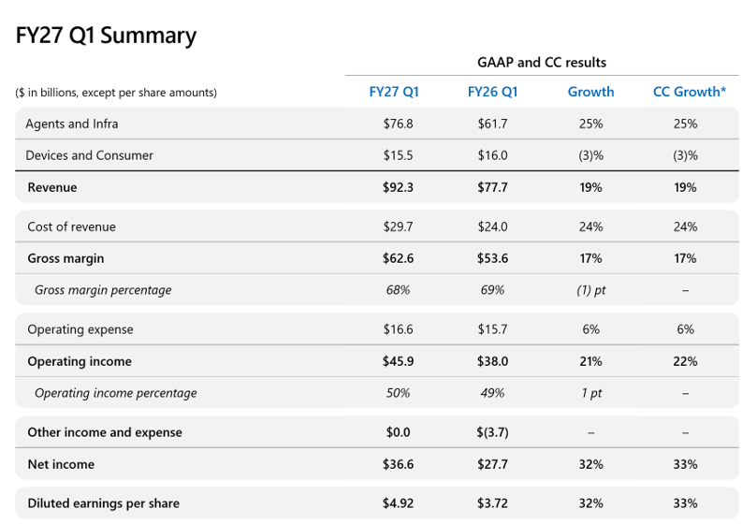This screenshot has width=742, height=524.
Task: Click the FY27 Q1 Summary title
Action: pyautogui.click(x=106, y=36)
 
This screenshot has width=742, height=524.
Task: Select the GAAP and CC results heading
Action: pyautogui.click(x=542, y=63)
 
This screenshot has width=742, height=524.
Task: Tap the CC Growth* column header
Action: pyautogui.click(x=689, y=92)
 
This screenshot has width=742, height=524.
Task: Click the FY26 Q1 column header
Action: pyautogui.click(x=492, y=92)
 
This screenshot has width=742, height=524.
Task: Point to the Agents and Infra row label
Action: pyautogui.click(x=72, y=124)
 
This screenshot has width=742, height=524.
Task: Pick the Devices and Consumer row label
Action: pyautogui.click(x=90, y=155)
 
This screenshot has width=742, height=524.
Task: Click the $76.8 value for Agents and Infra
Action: pyautogui.click(x=398, y=124)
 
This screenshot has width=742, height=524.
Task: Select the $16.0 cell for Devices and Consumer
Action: pyautogui.click(x=492, y=155)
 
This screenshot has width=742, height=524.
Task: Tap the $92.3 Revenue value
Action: pyautogui.click(x=398, y=187)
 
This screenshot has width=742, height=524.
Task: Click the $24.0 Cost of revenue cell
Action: pyautogui.click(x=492, y=226)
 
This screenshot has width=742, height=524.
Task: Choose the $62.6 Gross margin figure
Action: pyautogui.click(x=398, y=258)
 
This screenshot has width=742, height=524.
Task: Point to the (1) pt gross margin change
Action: pyautogui.click(x=591, y=290)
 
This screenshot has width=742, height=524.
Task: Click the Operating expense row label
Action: pyautogui.click(x=80, y=329)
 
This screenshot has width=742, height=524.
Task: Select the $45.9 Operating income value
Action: pyautogui.click(x=398, y=361)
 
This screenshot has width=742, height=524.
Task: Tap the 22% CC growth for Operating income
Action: pyautogui.click(x=685, y=361)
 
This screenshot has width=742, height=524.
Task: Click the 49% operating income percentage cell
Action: pyautogui.click(x=492, y=393)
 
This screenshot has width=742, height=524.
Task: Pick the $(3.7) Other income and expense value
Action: pyautogui.click(x=492, y=432)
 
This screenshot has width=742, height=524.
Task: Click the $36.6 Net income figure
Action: pyautogui.click(x=398, y=464)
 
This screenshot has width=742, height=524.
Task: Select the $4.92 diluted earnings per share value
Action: pyautogui.click(x=398, y=503)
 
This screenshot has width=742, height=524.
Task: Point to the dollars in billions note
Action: pyautogui.click(x=116, y=93)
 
